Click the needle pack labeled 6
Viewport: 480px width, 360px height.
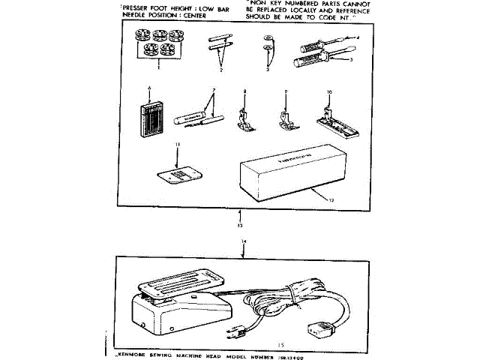click(x=151, y=117)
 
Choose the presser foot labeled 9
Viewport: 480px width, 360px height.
click(x=286, y=117)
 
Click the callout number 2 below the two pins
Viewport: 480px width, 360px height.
click(x=222, y=69)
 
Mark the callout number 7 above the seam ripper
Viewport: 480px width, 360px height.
click(x=214, y=91)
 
